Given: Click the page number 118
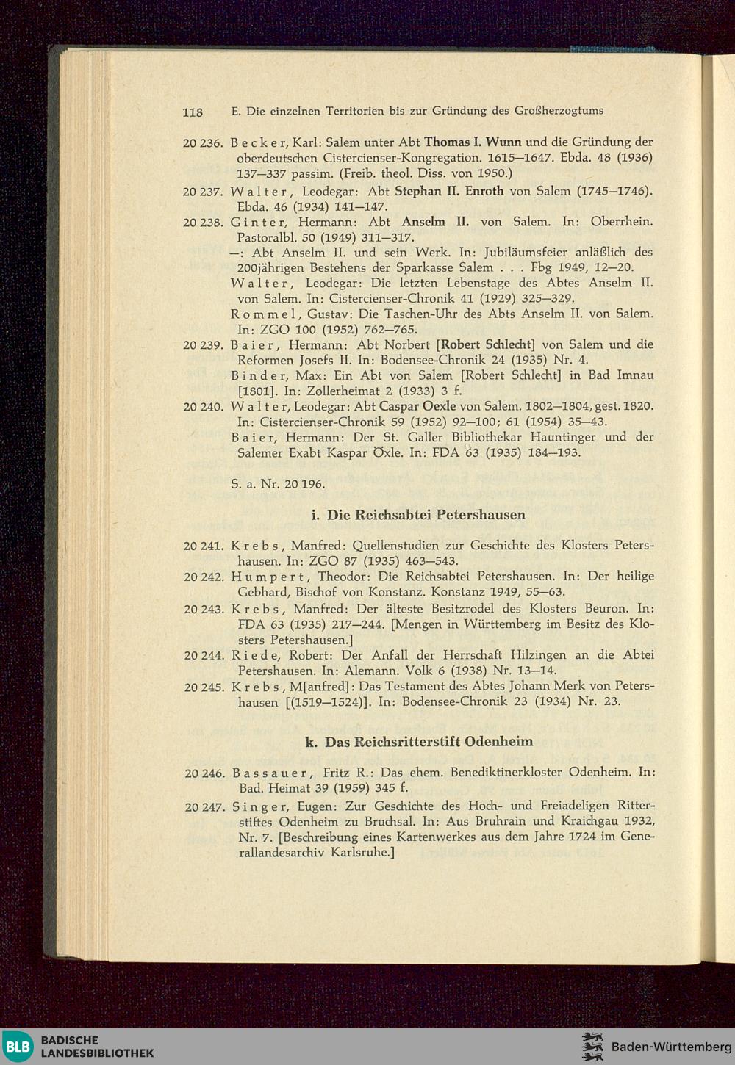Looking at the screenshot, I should [x=193, y=112].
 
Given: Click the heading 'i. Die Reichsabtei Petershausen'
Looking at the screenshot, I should [x=418, y=515].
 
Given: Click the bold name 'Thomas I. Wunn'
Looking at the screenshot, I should [x=473, y=142].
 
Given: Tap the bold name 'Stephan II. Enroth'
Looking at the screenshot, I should [x=449, y=191].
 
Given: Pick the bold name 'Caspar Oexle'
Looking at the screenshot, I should [x=417, y=406].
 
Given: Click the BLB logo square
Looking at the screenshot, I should [x=18, y=1047].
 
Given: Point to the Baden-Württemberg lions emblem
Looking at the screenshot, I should [x=592, y=1047].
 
